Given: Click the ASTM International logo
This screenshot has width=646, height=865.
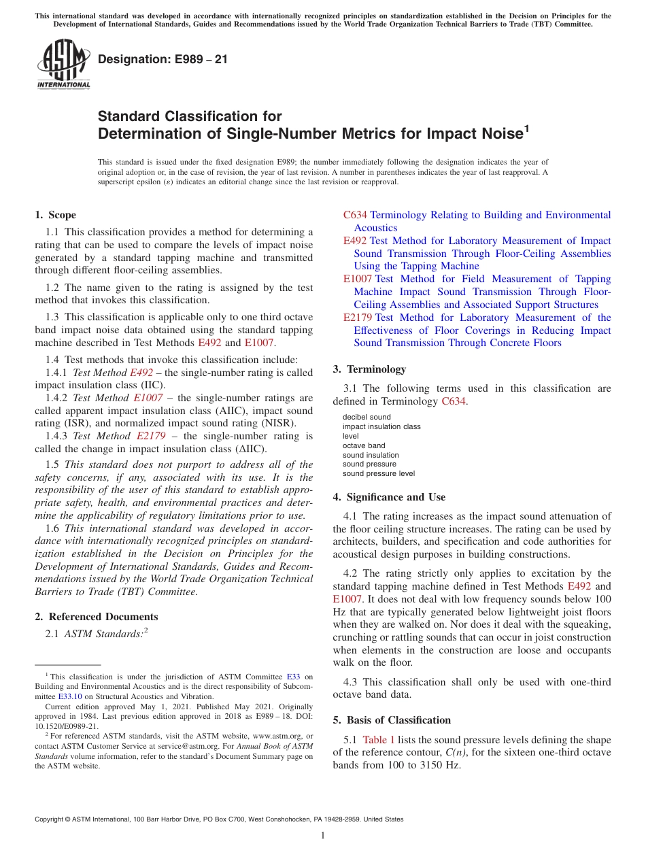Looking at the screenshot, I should pos(63,65).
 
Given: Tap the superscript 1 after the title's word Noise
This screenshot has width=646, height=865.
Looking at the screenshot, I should pos(526,127).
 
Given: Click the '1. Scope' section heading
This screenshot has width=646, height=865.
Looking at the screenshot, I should pos(56,215).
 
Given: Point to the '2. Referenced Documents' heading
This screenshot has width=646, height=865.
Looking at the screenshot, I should pos(97,617).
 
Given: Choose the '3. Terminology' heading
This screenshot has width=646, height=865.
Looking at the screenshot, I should pos(369,369).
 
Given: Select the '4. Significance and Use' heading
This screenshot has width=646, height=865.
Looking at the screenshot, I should pos(389,497).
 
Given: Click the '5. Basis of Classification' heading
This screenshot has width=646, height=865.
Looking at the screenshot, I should pos(392,720).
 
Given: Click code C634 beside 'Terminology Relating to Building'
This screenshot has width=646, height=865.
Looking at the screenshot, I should pos(355,215).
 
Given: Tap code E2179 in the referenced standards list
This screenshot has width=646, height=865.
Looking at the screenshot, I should pos(358,318).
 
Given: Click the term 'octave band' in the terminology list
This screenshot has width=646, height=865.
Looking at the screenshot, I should pos(364,445).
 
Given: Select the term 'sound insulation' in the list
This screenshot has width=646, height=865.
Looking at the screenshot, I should pos(371,455).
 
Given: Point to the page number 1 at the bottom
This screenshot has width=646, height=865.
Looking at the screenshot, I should pos(323,835).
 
